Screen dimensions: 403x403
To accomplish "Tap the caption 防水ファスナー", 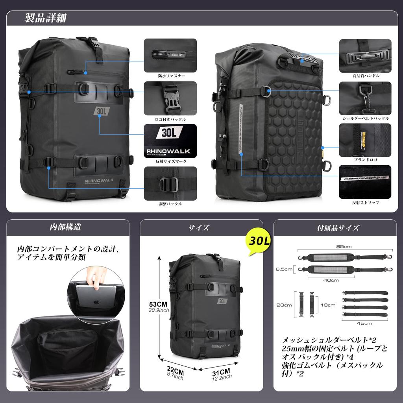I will pyautogui.click(x=170, y=75).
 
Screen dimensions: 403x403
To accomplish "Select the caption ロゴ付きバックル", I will pyautogui.click(x=170, y=118).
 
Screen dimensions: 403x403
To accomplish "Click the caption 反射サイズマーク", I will pyautogui.click(x=170, y=161).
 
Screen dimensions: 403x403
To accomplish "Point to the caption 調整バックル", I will pyautogui.click(x=170, y=204).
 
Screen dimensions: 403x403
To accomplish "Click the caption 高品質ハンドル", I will pyautogui.click(x=366, y=75).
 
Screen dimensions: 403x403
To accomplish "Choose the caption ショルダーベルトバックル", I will pyautogui.click(x=366, y=118).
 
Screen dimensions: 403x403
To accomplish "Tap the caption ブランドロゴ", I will pyautogui.click(x=366, y=160).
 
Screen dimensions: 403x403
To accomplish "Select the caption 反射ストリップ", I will pyautogui.click(x=366, y=203).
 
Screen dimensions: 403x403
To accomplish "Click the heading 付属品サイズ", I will pyautogui.click(x=338, y=227).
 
